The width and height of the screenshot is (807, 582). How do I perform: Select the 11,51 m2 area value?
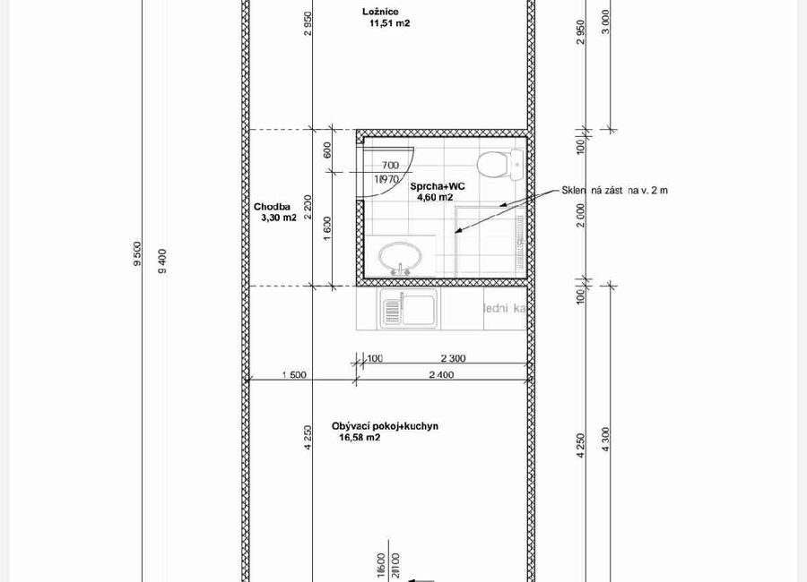[x=389, y=24]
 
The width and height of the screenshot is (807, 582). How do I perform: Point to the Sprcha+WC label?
[x=438, y=186]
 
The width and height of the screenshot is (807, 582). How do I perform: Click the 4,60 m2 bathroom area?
[x=435, y=198]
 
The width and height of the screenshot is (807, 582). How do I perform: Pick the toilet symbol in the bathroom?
[x=499, y=165]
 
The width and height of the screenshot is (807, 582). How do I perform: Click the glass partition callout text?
[x=615, y=190]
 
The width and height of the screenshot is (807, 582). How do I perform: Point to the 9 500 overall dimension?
[x=138, y=254]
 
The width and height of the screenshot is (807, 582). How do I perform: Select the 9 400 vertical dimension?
[x=162, y=261]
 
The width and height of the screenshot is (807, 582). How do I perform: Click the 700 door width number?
[x=390, y=166]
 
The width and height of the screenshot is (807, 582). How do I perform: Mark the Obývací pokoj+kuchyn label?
[x=385, y=426]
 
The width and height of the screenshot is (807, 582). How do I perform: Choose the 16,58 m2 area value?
[x=360, y=439]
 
